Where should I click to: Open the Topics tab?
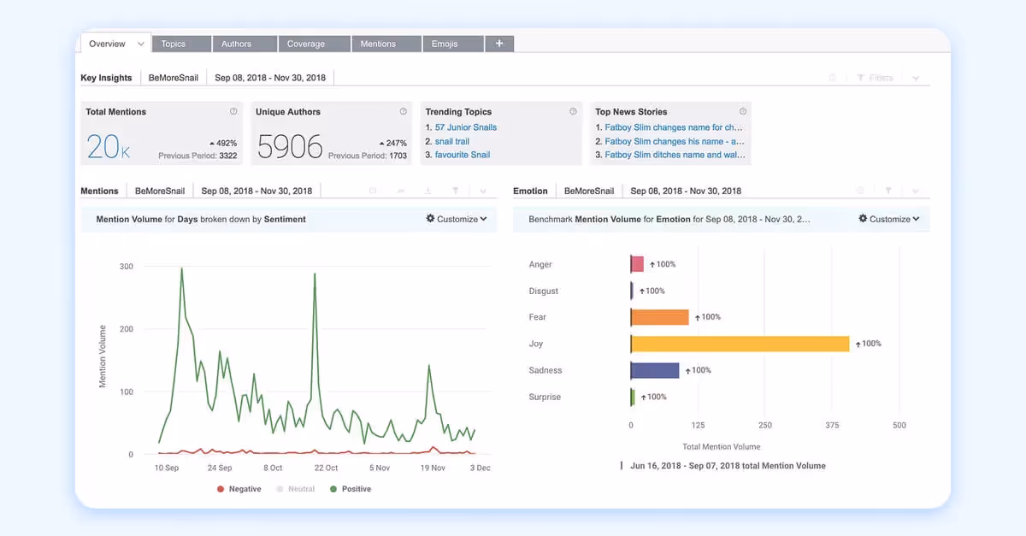pyautogui.click(x=174, y=44)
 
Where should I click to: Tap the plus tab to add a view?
pyautogui.click(x=499, y=44)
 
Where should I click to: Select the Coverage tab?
pyautogui.click(x=305, y=44)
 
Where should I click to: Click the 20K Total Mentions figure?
pyautogui.click(x=109, y=147)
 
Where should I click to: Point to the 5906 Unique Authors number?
pyautogui.click(x=290, y=147)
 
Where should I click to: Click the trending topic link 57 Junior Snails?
pyautogui.click(x=465, y=127)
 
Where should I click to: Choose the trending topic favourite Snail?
pyautogui.click(x=463, y=155)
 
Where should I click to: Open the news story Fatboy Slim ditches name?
pyautogui.click(x=675, y=155)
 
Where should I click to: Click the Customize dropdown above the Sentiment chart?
pyautogui.click(x=457, y=219)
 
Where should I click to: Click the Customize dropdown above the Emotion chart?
pyautogui.click(x=889, y=219)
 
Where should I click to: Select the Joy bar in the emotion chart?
pyautogui.click(x=740, y=344)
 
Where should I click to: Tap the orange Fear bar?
pyautogui.click(x=659, y=317)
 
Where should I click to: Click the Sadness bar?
pyautogui.click(x=655, y=370)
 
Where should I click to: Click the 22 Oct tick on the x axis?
pyautogui.click(x=326, y=468)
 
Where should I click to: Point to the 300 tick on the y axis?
pyautogui.click(x=126, y=267)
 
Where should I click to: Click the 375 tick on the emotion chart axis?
pyautogui.click(x=832, y=425)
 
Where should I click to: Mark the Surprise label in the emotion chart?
pyautogui.click(x=545, y=397)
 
